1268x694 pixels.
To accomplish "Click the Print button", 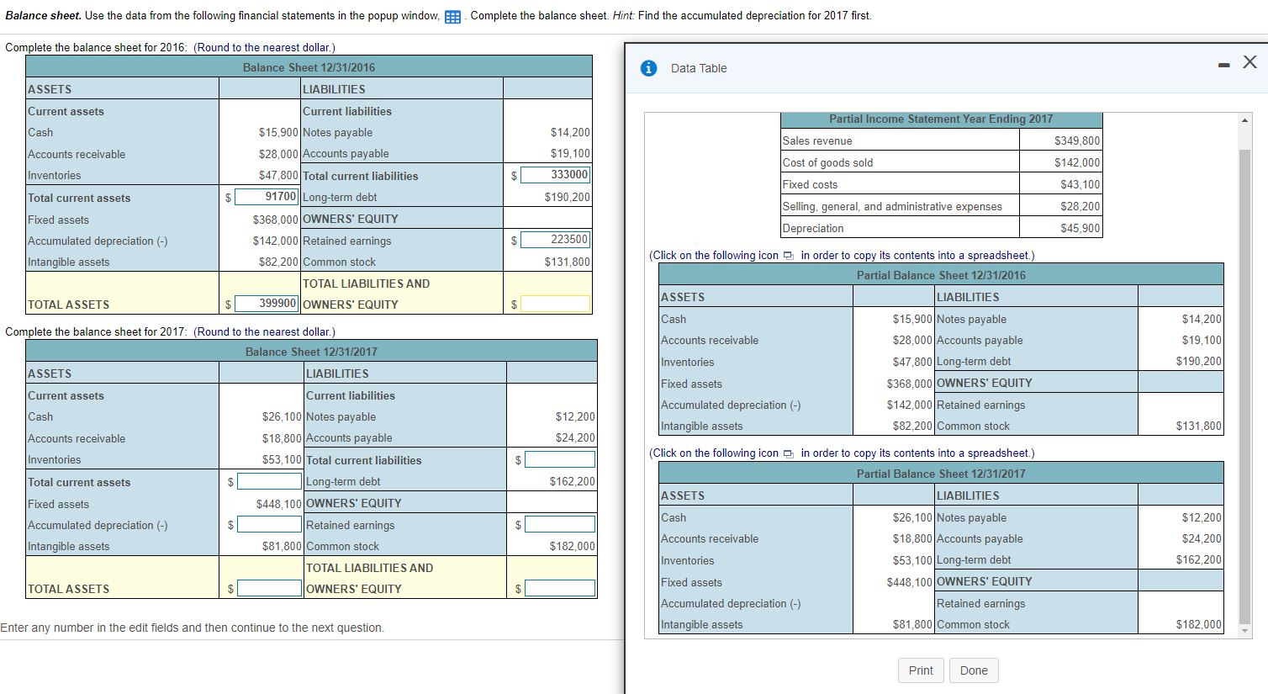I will coord(920,670).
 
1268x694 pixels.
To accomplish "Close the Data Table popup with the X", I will coord(1250,61).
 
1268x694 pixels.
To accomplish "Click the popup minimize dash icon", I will coord(1226,64).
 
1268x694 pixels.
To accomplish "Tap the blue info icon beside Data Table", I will coord(648,68).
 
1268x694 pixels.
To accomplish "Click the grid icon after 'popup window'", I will coord(452,17).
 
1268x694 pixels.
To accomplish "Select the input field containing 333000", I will coord(555,175).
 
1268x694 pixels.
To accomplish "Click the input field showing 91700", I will coord(267,197).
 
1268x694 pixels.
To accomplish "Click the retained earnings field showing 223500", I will coord(555,240).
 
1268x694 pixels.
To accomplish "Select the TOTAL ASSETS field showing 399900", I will coord(267,304).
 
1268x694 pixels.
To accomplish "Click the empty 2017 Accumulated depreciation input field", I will coord(269,525).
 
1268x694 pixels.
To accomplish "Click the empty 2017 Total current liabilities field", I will coord(559,460).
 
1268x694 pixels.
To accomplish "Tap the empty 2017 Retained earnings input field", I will coord(559,525).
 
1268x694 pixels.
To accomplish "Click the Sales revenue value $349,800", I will coord(1076,141).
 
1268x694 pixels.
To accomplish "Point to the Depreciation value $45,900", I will coord(1080,229).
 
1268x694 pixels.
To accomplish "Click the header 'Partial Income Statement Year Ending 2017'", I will coord(940,119).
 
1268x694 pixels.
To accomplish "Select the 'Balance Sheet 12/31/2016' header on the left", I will coord(309,67).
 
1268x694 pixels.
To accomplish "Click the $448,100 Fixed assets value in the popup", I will coord(909,582).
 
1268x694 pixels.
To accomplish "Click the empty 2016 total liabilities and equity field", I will coord(555,304).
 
